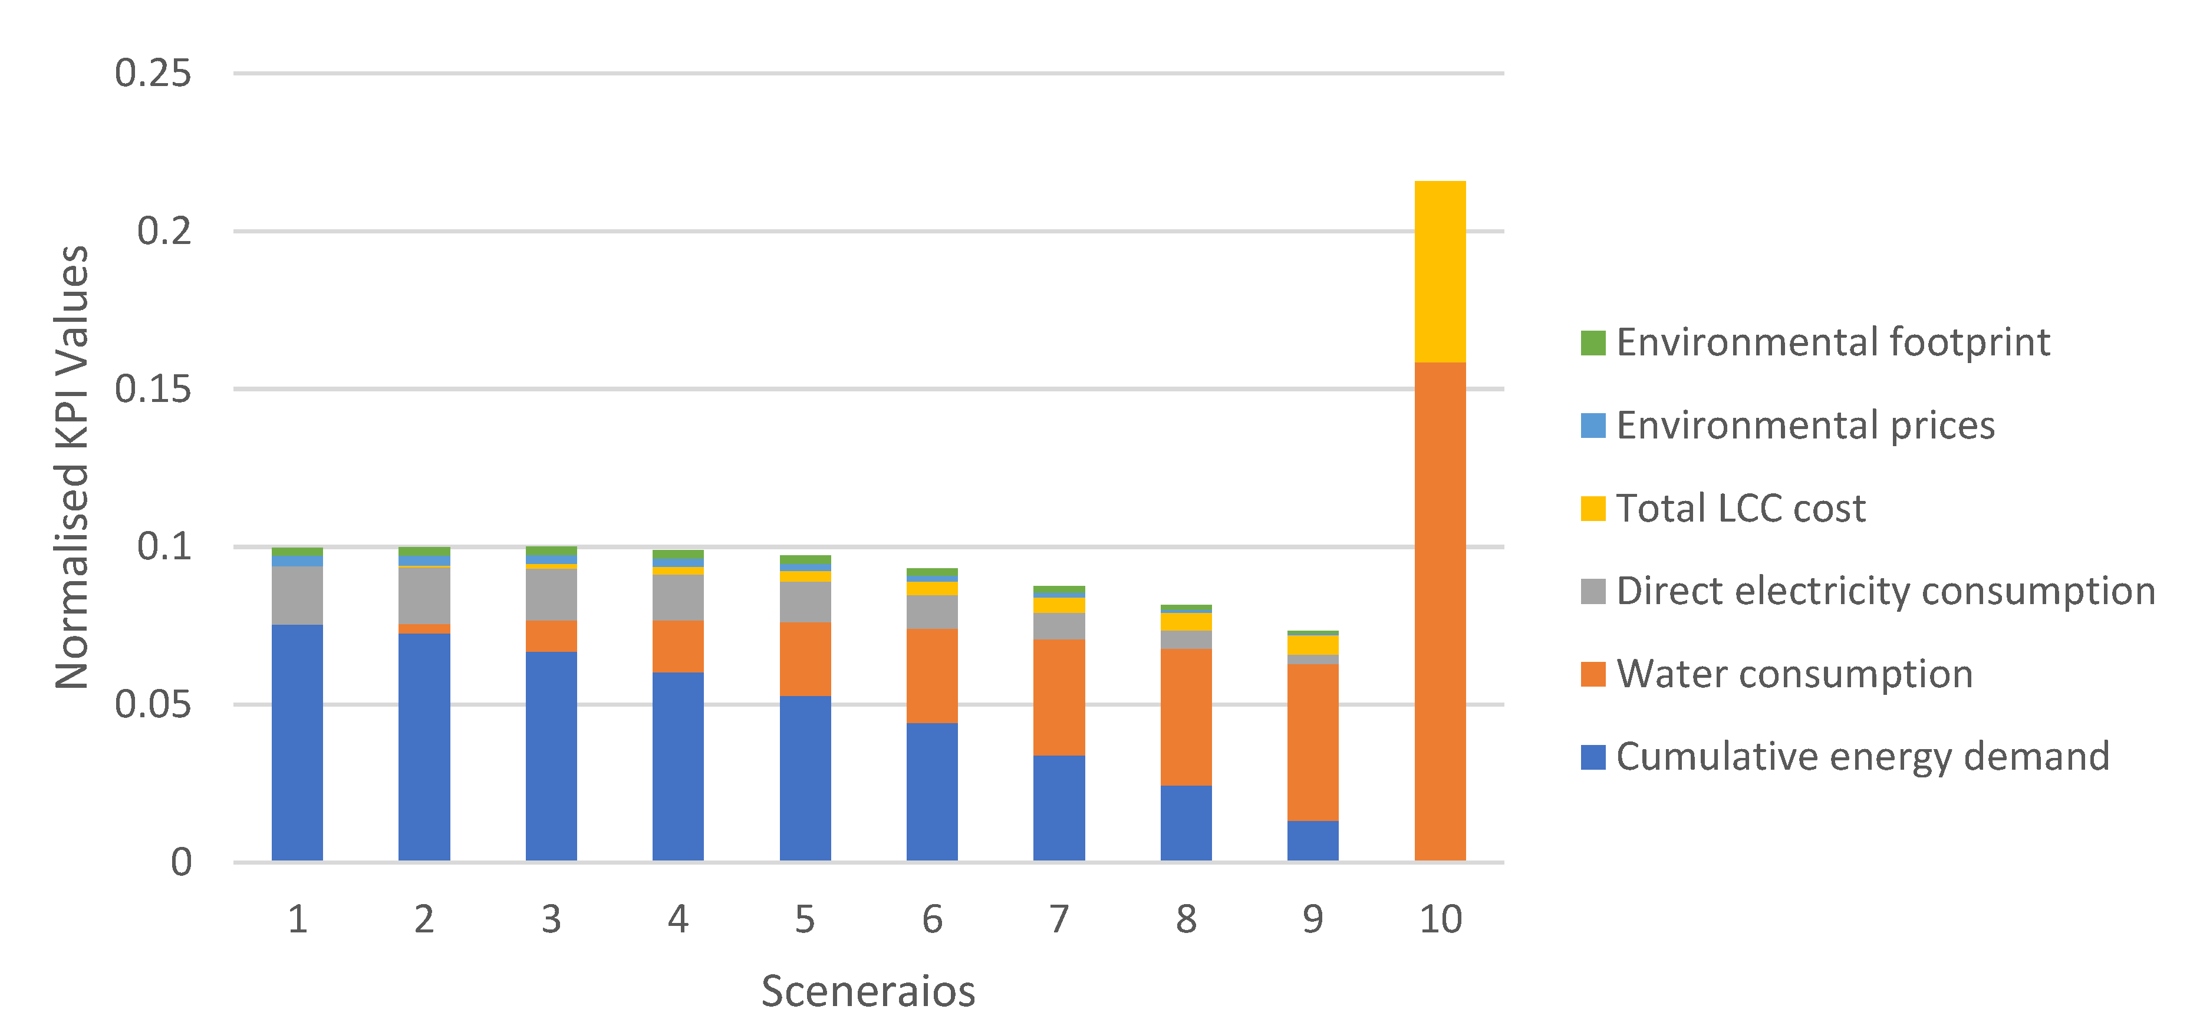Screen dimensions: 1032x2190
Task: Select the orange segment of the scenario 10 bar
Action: pos(1440,611)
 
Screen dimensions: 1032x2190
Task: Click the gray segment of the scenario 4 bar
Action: pos(677,597)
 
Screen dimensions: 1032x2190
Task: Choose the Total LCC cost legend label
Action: pos(1740,509)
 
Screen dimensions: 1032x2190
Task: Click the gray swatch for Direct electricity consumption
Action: pos(1592,591)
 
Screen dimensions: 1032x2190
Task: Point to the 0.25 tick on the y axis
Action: pos(153,73)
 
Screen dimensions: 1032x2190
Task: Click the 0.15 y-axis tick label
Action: pos(153,390)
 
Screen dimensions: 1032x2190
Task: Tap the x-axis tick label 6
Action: pos(932,919)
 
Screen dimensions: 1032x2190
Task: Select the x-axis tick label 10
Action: pos(1440,919)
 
